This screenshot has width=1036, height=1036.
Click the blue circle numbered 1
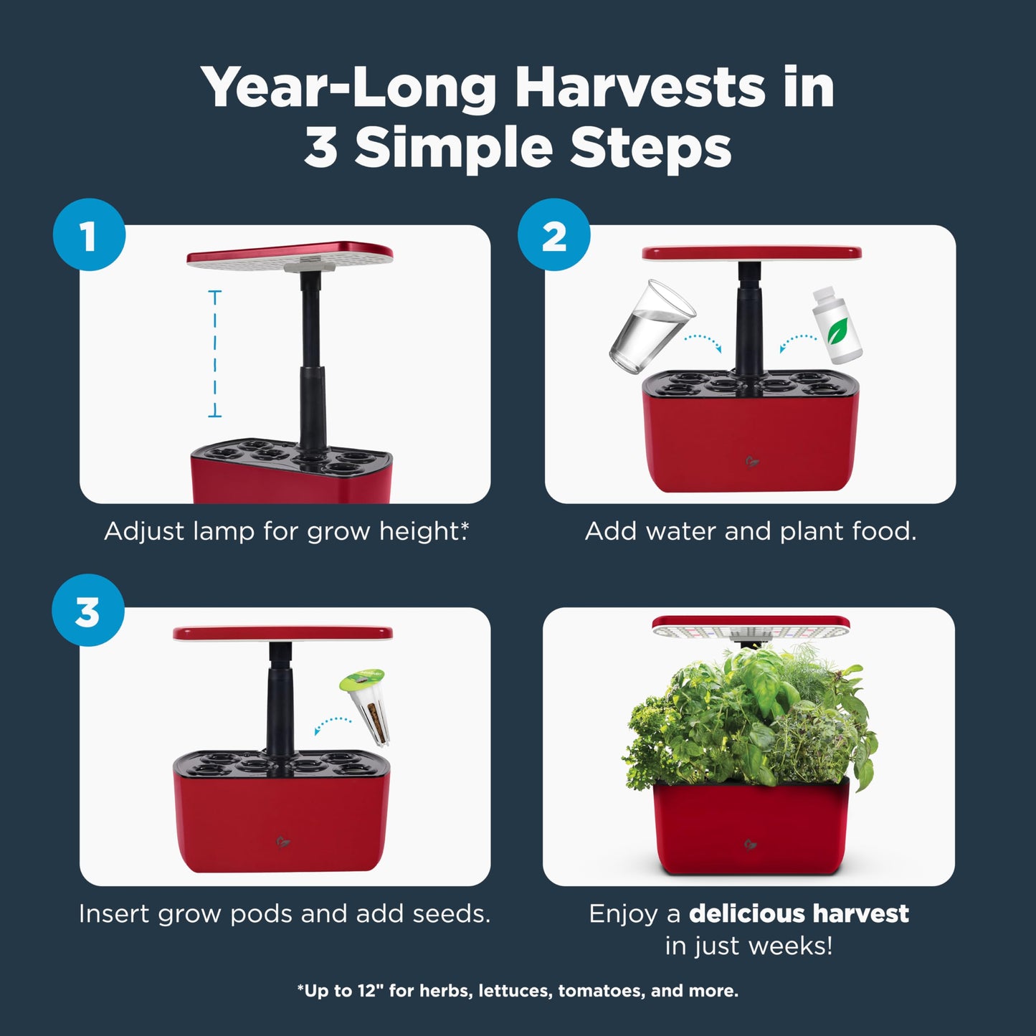coord(89,235)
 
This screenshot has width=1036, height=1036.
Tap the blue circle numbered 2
coord(553,235)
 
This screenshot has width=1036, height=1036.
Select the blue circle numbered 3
coord(88,610)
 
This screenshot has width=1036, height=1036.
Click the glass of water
coord(652,325)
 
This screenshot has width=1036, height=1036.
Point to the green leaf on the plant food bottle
coord(837,331)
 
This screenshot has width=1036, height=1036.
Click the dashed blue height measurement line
coord(214,353)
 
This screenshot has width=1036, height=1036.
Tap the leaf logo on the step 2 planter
coord(751,461)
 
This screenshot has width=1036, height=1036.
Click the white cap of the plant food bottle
coord(823,293)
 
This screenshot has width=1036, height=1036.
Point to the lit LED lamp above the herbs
coord(751,627)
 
